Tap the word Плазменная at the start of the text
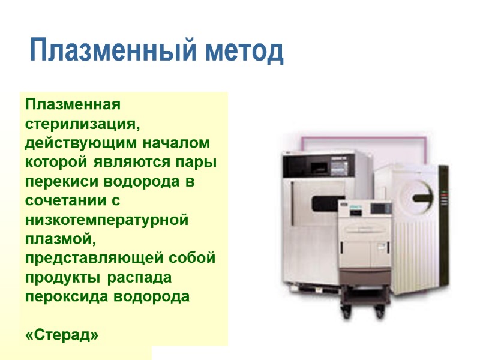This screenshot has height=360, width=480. tap(73, 104)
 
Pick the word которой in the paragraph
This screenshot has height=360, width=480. tap(51, 163)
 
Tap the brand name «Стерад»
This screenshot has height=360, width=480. tap(62, 334)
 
